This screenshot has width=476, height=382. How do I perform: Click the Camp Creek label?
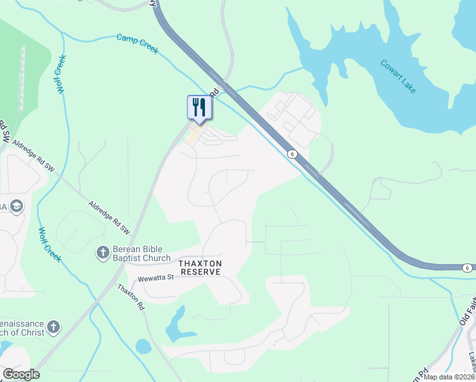pyautogui.click(x=137, y=43)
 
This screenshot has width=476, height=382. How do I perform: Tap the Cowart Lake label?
pyautogui.click(x=398, y=76)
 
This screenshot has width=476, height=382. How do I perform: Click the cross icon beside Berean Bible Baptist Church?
pyautogui.click(x=102, y=253)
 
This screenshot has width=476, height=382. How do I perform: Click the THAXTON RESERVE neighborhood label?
pyautogui.click(x=200, y=267)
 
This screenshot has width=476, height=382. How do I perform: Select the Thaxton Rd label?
pyautogui.click(x=130, y=297)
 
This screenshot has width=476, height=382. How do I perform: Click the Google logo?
pyautogui.click(x=21, y=374)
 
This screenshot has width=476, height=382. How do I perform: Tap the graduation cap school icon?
pyautogui.click(x=16, y=206)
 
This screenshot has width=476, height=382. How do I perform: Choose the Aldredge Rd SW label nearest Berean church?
pyautogui.click(x=109, y=216)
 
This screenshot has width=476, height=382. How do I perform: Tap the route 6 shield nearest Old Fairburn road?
pyautogui.click(x=467, y=268)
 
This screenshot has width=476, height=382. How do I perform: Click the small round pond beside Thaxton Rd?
pyautogui.click(x=143, y=346)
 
